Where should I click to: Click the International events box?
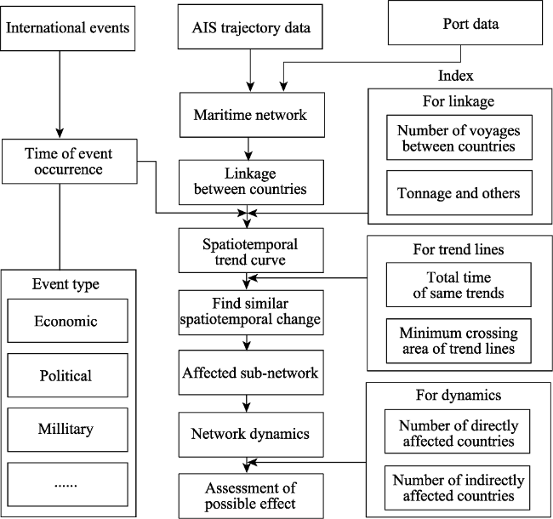68,28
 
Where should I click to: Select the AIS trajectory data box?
250,26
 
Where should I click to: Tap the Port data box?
465,23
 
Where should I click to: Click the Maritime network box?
252,115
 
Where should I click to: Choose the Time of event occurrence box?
70,161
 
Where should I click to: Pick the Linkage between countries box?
251,182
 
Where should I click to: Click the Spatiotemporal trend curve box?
251,250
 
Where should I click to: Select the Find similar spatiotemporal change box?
251,312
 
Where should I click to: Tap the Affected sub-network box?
251,373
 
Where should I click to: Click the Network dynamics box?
251,435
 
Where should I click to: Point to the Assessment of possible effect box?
251,496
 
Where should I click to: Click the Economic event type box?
68,321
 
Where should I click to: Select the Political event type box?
68,375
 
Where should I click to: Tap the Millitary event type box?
68,430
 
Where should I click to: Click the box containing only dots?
68,484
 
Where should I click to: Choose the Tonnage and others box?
459,193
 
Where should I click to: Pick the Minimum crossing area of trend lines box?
459,341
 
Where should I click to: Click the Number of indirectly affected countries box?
457,488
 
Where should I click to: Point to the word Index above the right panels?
456,76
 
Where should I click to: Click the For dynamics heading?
459,395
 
